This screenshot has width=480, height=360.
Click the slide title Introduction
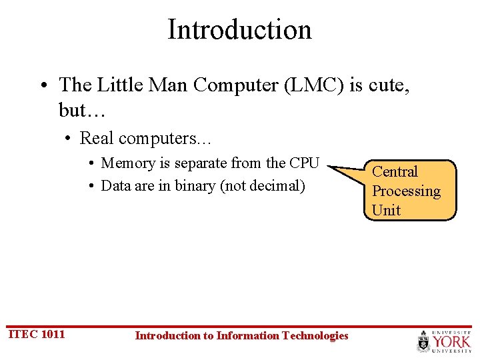pyautogui.click(x=239, y=30)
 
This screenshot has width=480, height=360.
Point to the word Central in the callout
pyautogui.click(x=395, y=172)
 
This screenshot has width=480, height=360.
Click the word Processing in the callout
pyautogui.click(x=406, y=191)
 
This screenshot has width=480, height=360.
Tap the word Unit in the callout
pyautogui.click(x=386, y=211)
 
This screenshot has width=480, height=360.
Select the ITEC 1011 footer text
pyautogui.click(x=37, y=335)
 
